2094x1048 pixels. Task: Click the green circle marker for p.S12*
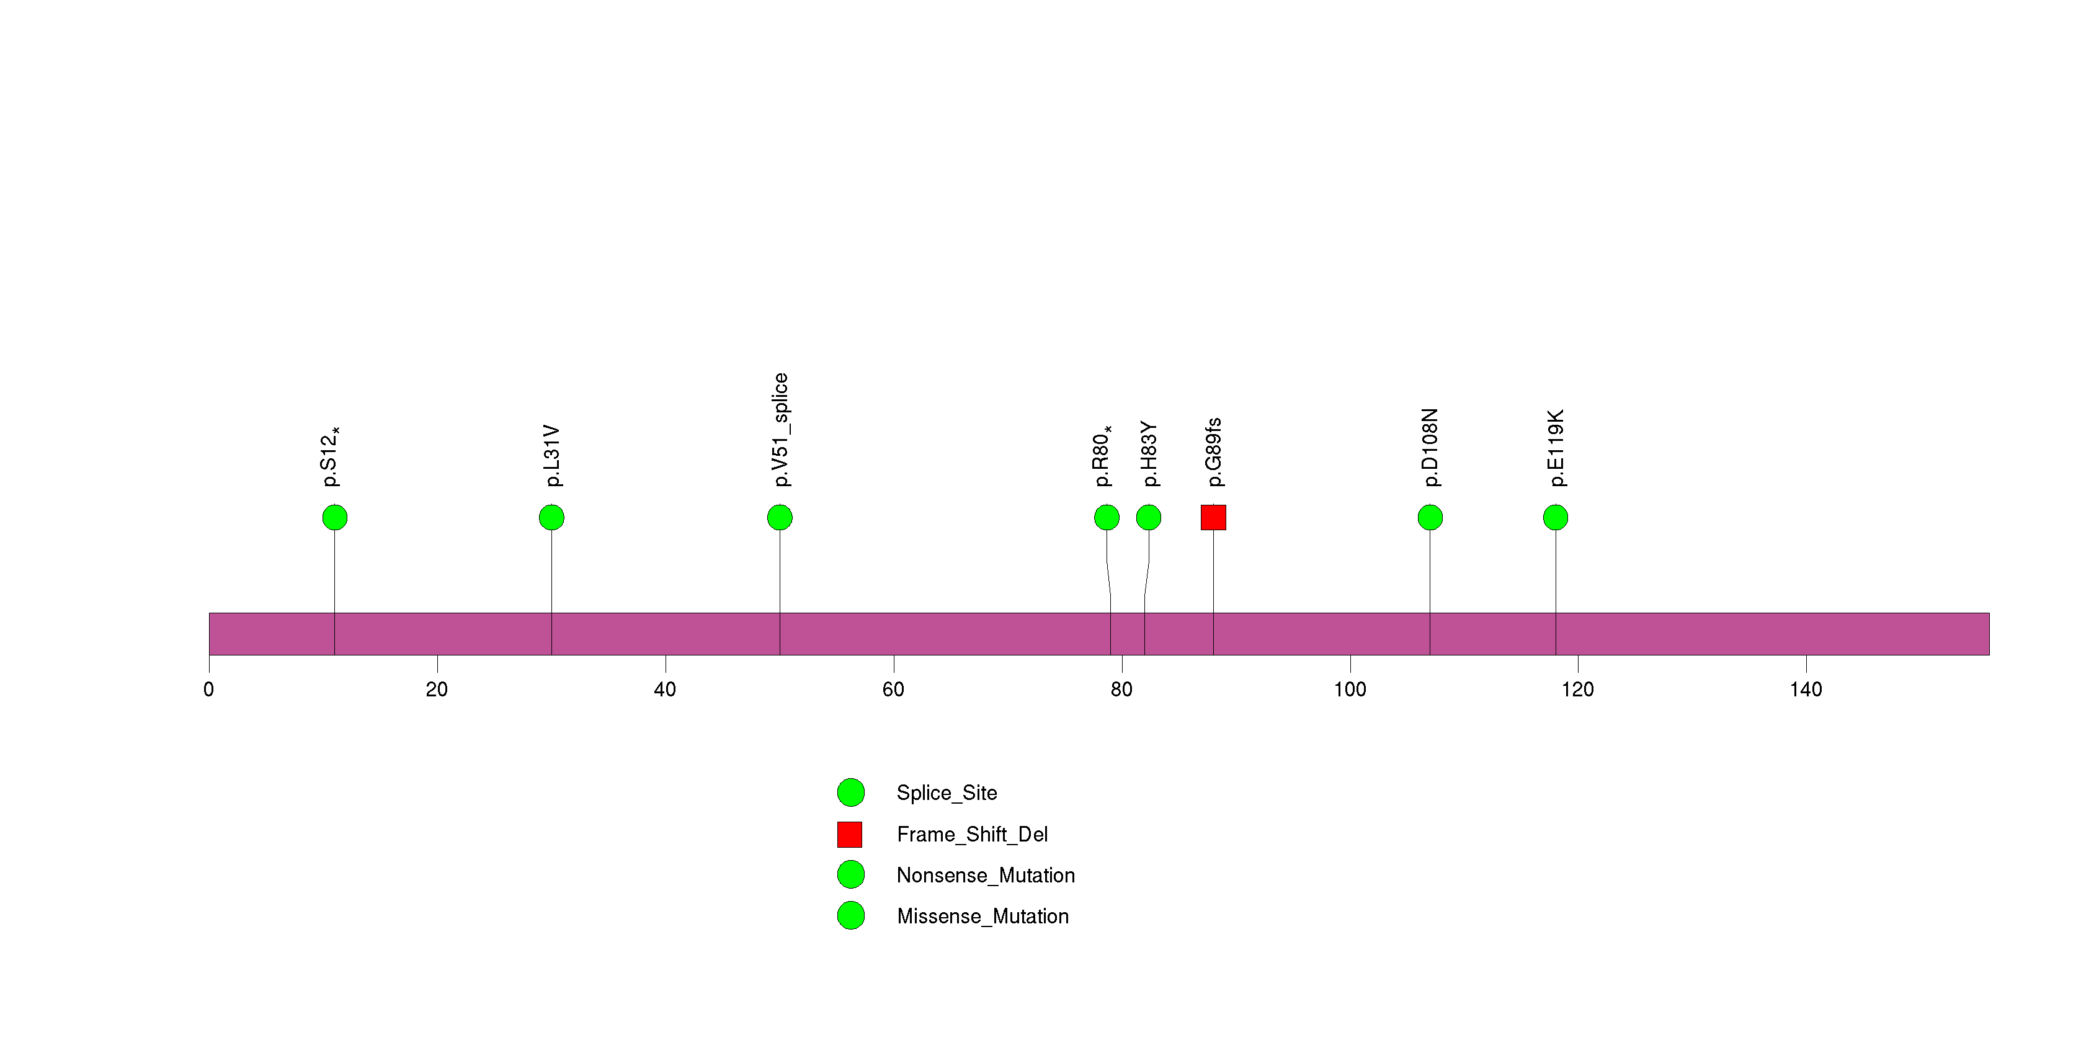335,518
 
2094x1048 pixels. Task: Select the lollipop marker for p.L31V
552,518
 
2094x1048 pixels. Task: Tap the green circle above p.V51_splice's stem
780,518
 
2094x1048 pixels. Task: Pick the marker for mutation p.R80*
1107,518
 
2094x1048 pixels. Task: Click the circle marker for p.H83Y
1149,518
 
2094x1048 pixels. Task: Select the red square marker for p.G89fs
1214,518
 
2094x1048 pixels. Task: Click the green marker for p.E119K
1556,518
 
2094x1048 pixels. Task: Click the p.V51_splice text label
780,430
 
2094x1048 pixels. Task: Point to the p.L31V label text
552,456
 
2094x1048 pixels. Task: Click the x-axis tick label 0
209,690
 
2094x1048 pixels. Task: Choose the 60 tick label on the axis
893,690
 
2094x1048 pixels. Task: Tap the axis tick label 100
1350,690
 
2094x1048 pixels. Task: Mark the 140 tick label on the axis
1806,690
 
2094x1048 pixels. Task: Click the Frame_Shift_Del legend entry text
972,834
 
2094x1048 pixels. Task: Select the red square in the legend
850,834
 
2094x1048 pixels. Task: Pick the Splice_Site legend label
947,793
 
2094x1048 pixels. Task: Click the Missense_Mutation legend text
982,917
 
